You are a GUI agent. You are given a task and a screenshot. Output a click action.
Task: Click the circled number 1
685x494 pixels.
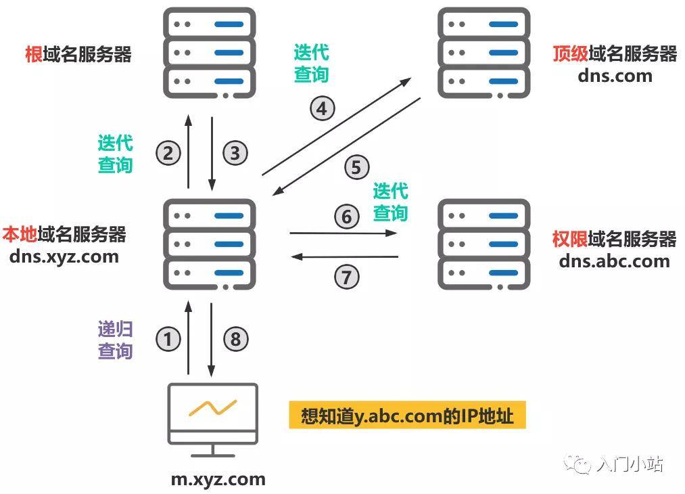pos(168,339)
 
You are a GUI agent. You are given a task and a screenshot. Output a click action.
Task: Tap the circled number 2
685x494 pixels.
pos(168,153)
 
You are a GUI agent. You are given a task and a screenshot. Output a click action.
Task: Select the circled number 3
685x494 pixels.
pos(235,153)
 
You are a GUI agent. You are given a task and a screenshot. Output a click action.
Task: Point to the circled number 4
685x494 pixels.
pos(323,108)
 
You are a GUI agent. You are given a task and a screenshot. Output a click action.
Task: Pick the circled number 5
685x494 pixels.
pos(356,166)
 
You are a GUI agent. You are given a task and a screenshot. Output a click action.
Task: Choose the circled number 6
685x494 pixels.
pos(347,217)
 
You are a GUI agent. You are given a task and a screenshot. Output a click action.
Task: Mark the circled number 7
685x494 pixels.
pos(347,276)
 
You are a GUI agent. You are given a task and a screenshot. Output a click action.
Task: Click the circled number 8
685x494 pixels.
pos(235,339)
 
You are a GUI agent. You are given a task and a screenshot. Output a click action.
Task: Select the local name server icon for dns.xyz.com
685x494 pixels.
pos(210,244)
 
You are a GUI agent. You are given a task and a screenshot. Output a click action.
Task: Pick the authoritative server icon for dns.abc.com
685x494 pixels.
pos(484,244)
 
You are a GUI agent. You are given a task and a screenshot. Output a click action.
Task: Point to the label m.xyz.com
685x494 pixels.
pos(218,479)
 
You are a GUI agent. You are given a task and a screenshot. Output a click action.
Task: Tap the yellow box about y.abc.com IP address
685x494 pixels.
pos(407,416)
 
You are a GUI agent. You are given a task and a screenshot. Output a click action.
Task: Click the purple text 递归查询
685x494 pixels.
pos(116,340)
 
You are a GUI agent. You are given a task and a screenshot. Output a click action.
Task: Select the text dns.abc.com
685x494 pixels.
pos(614,261)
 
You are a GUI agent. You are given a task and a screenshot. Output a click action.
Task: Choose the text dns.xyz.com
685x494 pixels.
pos(64,256)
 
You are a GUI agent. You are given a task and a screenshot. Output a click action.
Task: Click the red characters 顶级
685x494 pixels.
pos(569,53)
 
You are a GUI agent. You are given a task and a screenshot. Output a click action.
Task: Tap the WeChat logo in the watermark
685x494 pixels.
pos(580,466)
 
